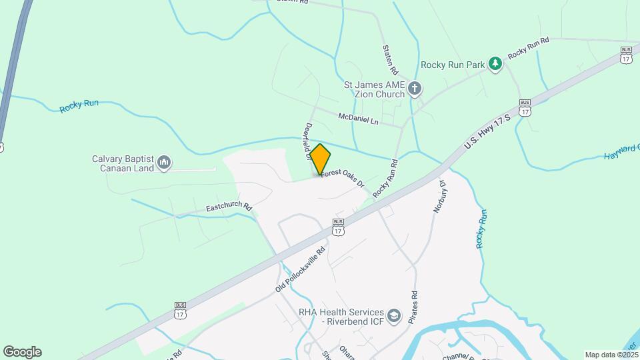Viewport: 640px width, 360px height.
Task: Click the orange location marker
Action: point(320,159)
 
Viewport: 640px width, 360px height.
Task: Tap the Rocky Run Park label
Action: point(451,65)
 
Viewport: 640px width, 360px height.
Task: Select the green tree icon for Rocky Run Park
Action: point(495,64)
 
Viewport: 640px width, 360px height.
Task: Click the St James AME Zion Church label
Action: point(374,89)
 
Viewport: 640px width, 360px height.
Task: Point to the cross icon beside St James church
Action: point(415,89)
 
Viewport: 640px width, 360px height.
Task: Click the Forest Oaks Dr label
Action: point(344,177)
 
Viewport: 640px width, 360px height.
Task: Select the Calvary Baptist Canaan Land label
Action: point(123,163)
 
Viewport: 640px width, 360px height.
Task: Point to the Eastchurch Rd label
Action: point(228,208)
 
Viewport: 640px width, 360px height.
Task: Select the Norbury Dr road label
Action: point(439,196)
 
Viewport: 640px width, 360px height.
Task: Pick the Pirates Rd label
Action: point(414,303)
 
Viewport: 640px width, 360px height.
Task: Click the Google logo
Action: point(22,352)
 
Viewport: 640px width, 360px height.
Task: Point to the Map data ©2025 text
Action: point(611,355)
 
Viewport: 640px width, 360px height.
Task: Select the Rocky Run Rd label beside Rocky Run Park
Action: point(528,48)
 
